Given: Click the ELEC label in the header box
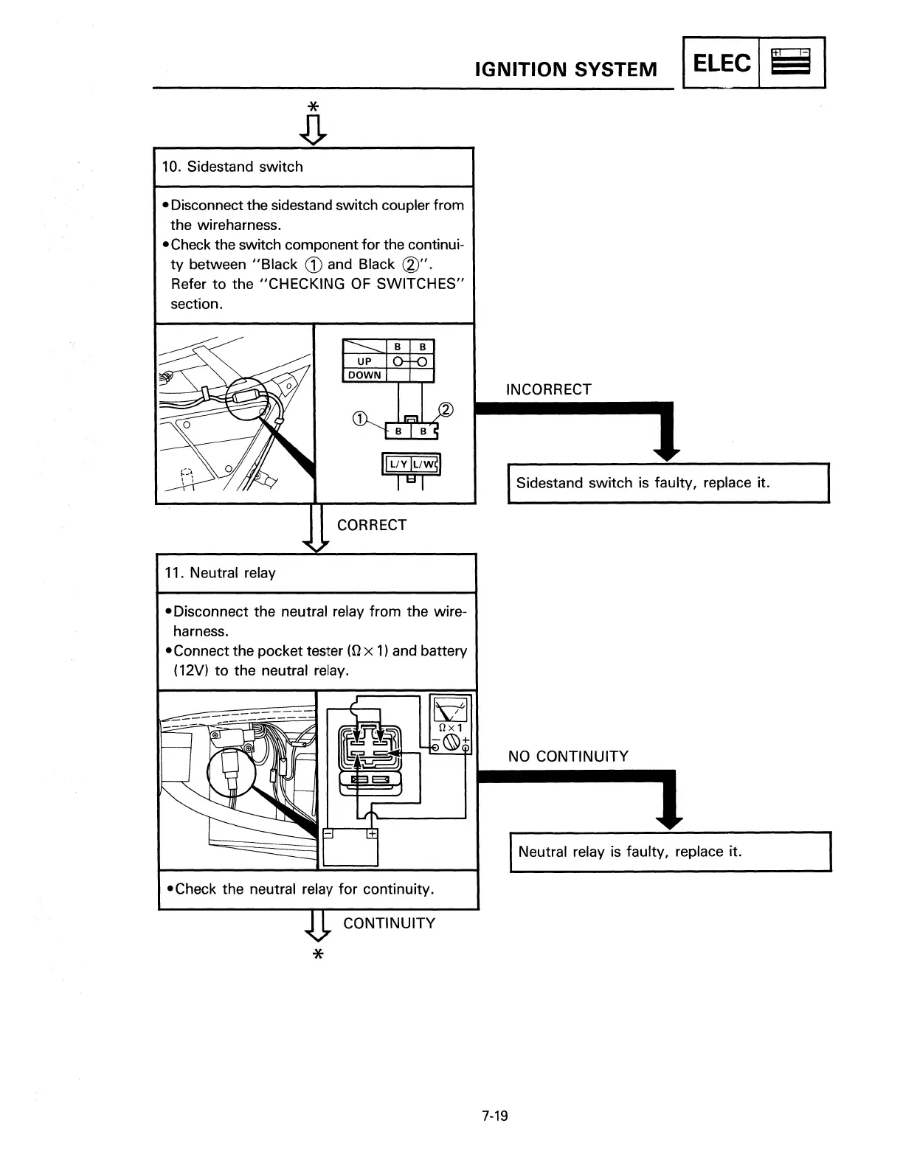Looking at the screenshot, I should pos(722,63).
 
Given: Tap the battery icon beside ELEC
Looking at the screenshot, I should pos(791,63).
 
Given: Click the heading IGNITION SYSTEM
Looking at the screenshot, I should pos(566,69).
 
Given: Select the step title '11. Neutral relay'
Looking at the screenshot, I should pos(232,573).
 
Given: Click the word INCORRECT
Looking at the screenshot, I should pos(549,389).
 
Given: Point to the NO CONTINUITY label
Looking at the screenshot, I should pos(568,757).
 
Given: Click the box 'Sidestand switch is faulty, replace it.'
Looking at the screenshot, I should pos(668,483).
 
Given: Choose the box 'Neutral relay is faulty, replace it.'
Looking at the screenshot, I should pos(670,852).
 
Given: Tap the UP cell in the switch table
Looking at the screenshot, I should pos(364,361).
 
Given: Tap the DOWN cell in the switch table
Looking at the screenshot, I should pos(364,375).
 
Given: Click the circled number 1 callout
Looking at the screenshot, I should pos(359,419).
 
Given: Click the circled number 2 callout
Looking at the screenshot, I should pos(446,410).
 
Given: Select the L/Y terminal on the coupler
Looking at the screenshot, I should pos(398,464).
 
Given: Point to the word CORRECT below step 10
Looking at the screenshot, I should pos(372,525).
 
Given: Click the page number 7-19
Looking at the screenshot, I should pos(495,1116).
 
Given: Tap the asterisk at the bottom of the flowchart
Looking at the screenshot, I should pos(318,955).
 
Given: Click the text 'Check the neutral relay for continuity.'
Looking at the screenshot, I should pos(305,889).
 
